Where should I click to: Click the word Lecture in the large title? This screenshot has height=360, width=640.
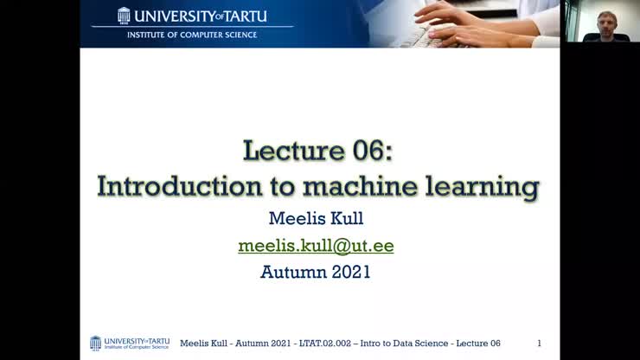pos(294,151)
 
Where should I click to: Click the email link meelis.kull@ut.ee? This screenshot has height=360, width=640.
pos(316,246)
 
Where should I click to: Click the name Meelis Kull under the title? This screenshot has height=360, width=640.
pos(316,219)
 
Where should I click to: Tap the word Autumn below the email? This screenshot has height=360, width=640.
pos(290,272)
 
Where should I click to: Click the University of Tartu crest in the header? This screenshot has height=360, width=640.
pos(124,16)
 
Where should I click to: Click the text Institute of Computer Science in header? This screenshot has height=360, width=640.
pos(192,35)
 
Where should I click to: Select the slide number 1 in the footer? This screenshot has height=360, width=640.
pos(540,344)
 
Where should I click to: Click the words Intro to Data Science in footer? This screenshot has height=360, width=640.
pos(404,344)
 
